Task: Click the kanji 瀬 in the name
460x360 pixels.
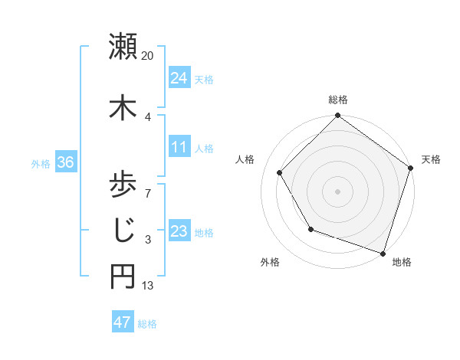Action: [x=123, y=47]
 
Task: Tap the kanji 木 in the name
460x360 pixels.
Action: [x=123, y=107]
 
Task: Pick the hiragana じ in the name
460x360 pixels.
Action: [x=123, y=229]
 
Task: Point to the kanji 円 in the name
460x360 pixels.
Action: [x=123, y=277]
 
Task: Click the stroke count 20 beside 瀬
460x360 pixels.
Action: [x=148, y=56]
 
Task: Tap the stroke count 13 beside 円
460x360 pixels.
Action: [x=148, y=286]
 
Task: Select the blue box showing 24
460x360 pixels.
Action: [x=179, y=77]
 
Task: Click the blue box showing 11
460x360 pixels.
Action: [x=179, y=146]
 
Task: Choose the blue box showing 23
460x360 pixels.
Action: [x=179, y=231]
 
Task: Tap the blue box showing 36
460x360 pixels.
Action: [x=64, y=162]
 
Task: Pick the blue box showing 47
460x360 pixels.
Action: [x=122, y=322]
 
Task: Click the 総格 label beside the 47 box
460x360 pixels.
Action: [x=147, y=324]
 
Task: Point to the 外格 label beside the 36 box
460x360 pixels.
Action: [x=41, y=163]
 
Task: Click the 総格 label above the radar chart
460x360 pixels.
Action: [x=338, y=100]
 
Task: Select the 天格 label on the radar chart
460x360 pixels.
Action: [x=431, y=159]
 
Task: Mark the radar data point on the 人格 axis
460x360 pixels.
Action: [x=280, y=172]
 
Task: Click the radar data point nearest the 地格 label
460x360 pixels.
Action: [x=383, y=252]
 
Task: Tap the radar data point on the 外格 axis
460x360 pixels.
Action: [x=310, y=229]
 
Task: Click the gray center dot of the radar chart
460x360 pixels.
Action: [x=338, y=191]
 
